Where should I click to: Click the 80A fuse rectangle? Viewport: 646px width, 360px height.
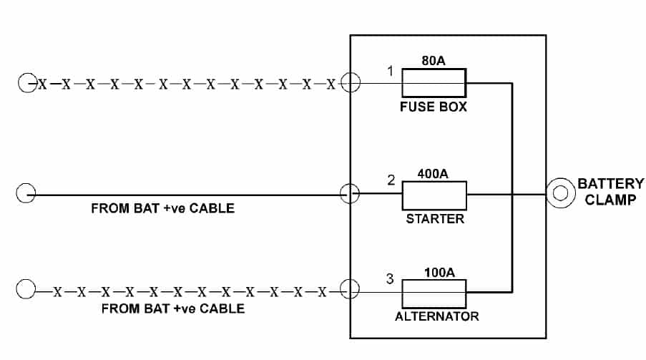point(434,83)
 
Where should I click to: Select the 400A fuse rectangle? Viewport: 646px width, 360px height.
point(434,194)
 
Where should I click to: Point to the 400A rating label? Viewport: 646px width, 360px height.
point(434,173)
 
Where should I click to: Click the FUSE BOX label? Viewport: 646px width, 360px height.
point(434,107)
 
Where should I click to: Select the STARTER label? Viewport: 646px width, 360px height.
point(434,219)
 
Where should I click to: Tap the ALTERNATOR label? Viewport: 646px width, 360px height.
point(437,316)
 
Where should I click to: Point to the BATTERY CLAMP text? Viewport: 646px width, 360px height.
point(610,192)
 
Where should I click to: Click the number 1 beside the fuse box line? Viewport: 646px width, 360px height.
point(390,71)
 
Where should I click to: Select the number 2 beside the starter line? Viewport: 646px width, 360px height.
point(391,180)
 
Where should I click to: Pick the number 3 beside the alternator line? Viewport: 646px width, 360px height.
point(390,279)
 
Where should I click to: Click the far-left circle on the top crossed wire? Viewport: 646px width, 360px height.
point(26,83)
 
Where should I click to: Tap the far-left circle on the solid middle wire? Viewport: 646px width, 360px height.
point(26,193)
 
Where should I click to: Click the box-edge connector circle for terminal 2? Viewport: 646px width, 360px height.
point(349,193)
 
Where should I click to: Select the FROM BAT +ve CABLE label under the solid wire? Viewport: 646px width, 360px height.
point(162,210)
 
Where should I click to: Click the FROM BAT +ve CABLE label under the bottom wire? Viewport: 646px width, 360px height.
point(172,308)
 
